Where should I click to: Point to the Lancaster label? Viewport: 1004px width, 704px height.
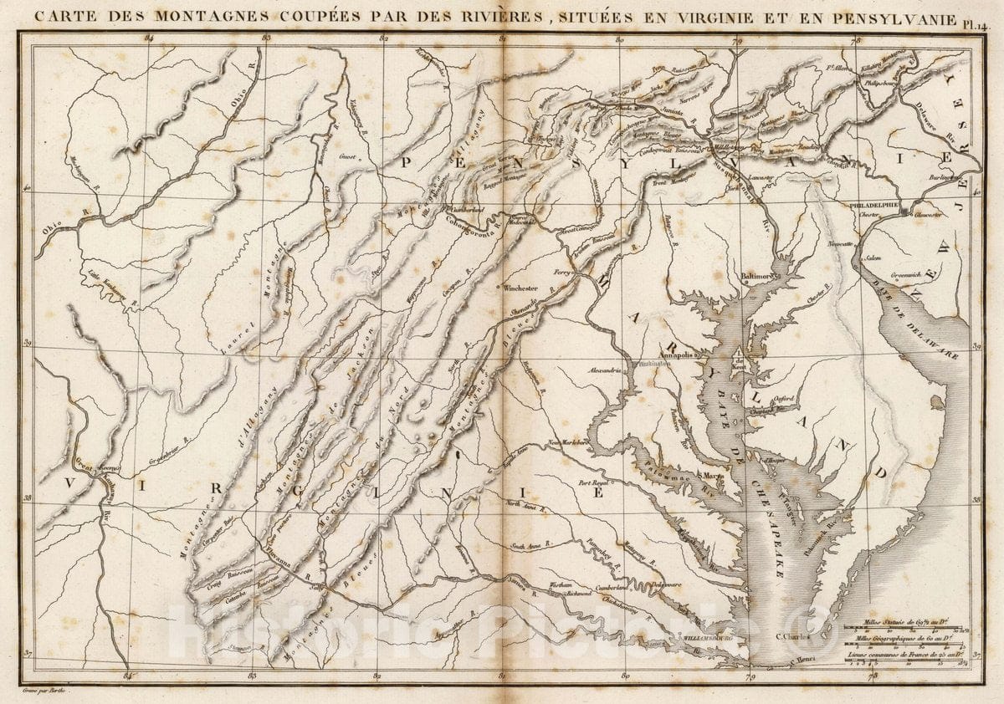[x=760, y=178]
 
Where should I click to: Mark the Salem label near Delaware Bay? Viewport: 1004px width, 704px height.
[x=873, y=259]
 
